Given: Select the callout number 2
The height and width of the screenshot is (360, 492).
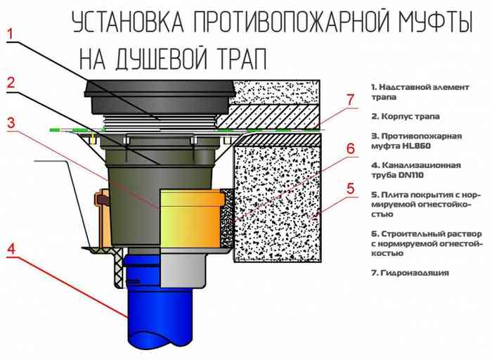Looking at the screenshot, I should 10,82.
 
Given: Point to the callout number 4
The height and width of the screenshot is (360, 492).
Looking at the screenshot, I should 10,247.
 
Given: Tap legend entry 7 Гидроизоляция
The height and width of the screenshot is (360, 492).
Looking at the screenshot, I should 410,273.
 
